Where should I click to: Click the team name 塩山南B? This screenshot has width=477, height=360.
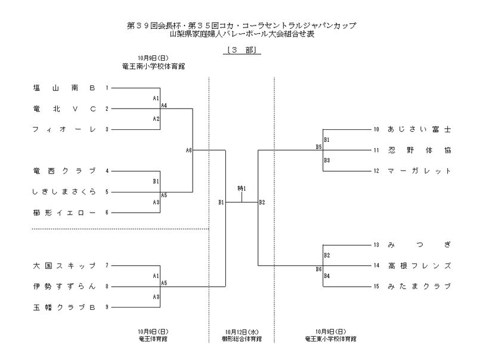[64, 88]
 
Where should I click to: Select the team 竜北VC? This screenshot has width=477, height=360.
[64, 108]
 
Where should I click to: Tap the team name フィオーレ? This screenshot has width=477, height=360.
[64, 129]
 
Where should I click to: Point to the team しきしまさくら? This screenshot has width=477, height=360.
[64, 192]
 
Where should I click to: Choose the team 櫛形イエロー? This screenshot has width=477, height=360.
[64, 212]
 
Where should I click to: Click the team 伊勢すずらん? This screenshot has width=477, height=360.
[64, 286]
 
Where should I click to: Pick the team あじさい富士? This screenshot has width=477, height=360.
[419, 129]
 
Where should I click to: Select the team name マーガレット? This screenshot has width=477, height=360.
[419, 171]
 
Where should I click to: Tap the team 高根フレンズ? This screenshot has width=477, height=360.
[419, 265]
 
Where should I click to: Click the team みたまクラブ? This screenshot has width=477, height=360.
[419, 286]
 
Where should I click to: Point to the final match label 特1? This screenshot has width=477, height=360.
[241, 189]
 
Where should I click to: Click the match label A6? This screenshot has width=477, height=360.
[188, 150]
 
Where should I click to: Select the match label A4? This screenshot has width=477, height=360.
[164, 105]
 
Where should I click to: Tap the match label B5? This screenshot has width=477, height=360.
[319, 147]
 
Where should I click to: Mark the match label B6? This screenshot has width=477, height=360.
[319, 269]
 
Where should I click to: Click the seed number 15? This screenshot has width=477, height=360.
[376, 286]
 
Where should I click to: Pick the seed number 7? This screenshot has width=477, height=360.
[107, 265]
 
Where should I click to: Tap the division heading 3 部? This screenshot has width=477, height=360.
[241, 51]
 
